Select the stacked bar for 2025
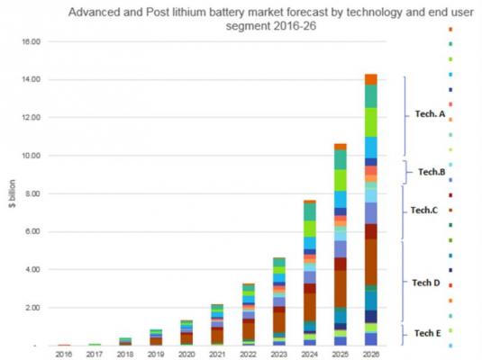point(340,244)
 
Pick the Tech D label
point(426,283)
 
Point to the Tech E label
point(427,333)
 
